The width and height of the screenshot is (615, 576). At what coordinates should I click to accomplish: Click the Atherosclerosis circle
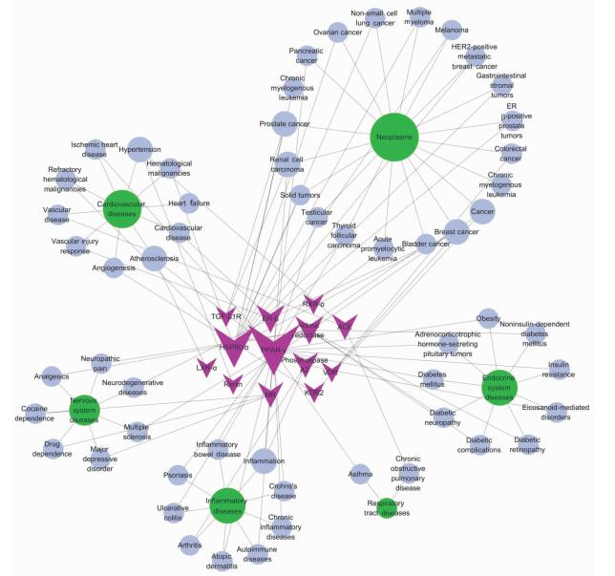click(x=154, y=258)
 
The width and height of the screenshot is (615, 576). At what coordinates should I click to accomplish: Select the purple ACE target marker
click(x=345, y=327)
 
